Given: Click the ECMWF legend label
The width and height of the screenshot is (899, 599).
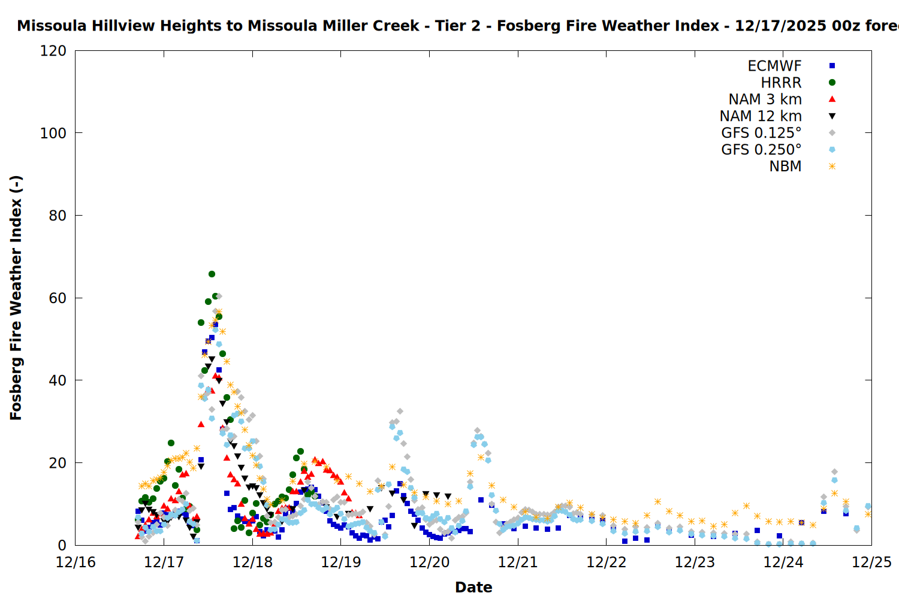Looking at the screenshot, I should click(x=774, y=66).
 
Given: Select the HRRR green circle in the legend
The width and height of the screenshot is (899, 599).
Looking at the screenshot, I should click(x=832, y=83).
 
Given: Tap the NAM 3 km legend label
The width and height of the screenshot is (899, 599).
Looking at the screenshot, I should click(x=765, y=99).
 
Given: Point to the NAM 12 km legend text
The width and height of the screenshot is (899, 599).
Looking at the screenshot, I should click(x=761, y=116).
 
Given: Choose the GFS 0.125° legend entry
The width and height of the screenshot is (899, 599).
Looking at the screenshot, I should click(x=761, y=133).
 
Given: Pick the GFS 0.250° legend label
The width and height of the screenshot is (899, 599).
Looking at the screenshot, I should click(x=761, y=150).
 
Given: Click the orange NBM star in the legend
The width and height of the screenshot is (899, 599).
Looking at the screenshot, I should click(x=832, y=167).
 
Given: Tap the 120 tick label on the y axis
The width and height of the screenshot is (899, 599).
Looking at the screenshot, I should click(x=53, y=51).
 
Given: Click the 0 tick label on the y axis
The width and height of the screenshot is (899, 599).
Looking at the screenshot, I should click(x=62, y=545).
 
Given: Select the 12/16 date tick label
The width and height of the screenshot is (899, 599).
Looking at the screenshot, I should click(x=76, y=562).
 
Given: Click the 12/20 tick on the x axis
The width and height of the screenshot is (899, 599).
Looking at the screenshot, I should click(x=429, y=562).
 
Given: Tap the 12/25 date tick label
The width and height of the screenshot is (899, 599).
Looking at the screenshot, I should click(x=871, y=562).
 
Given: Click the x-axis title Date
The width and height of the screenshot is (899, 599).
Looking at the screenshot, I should click(x=473, y=587).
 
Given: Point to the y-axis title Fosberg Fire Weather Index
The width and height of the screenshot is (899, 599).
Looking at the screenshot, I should click(x=16, y=298).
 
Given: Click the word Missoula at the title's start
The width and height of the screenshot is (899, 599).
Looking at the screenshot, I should click(x=47, y=26).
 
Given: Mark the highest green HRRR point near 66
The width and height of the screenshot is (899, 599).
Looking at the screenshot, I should click(x=212, y=274).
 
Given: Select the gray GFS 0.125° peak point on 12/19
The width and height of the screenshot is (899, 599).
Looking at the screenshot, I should click(x=400, y=412).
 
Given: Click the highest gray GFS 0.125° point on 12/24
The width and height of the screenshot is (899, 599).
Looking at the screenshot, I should click(x=834, y=472).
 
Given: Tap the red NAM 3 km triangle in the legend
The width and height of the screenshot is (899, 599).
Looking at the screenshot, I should click(x=832, y=99).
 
